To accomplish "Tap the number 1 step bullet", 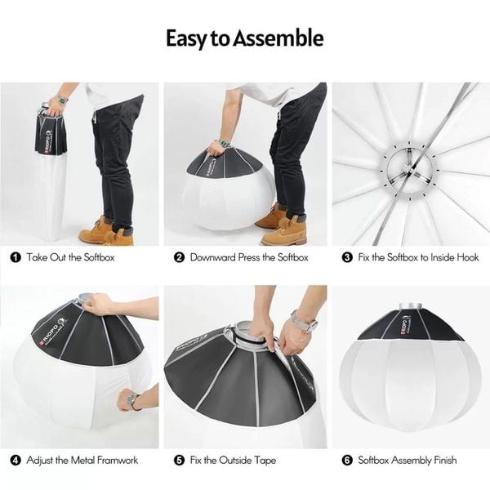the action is (16, 257).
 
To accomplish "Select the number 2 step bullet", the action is (180, 257).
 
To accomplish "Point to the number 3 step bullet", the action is (347, 257).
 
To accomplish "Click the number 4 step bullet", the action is (16, 461).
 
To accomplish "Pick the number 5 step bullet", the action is (180, 461).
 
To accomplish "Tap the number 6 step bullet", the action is (347, 461).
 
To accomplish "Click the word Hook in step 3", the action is (468, 257).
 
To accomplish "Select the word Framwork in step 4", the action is (117, 460).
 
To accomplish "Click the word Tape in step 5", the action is (265, 461).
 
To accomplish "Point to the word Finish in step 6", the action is (444, 460).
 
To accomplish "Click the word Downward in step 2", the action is (212, 257).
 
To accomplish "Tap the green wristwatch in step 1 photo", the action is (63, 100).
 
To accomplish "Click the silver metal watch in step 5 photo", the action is (305, 322).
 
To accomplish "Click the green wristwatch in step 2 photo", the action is (225, 144).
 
